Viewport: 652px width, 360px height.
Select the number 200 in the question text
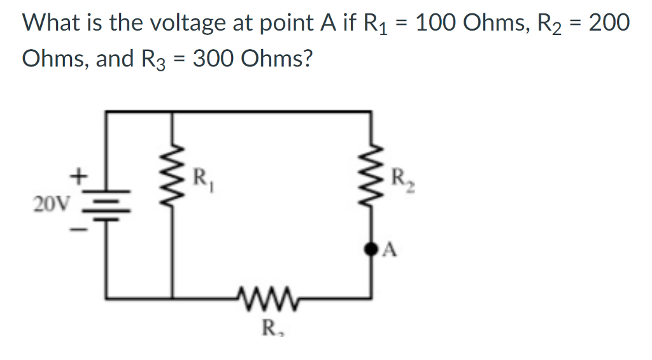(609, 23)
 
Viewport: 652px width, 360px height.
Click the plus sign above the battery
(80, 173)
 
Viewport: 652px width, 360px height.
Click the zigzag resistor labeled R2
(371, 185)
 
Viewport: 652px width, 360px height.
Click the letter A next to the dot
(391, 251)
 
